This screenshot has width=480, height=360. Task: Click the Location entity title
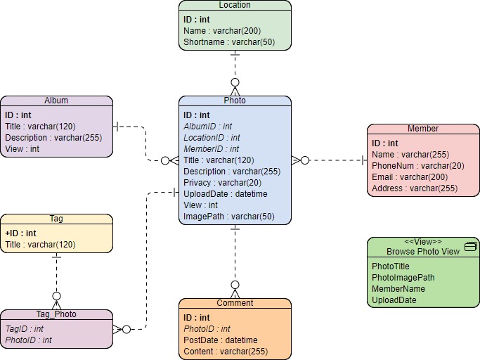235,5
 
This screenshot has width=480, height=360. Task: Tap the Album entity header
56,101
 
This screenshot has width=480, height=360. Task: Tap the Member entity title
423,129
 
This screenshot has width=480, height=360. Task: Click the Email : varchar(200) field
409,176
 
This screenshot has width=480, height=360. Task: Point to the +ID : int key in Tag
20,233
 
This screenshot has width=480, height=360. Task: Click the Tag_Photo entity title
56,314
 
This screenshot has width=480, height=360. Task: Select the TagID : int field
25,328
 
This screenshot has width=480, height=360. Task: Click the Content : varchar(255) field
225,351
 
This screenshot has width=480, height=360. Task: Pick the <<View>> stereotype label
423,242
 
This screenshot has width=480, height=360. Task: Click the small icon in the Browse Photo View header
471,246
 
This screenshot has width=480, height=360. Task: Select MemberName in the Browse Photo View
398,288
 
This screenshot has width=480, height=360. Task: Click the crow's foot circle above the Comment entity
235,285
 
